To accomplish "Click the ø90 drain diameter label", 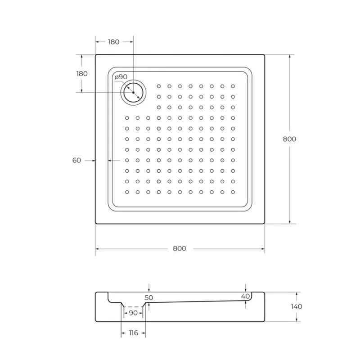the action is pyautogui.click(x=121, y=77).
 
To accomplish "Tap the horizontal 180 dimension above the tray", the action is pyautogui.click(x=114, y=42).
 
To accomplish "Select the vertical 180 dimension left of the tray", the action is pyautogui.click(x=82, y=73).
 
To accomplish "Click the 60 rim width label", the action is pyautogui.click(x=76, y=160).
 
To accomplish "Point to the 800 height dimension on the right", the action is pyautogui.click(x=289, y=139).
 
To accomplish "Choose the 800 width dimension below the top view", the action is pyautogui.click(x=180, y=248).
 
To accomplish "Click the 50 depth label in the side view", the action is pyautogui.click(x=149, y=297).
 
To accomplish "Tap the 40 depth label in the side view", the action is pyautogui.click(x=245, y=296).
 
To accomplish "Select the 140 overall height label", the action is pyautogui.click(x=297, y=306).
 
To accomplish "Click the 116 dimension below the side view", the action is pyautogui.click(x=133, y=333).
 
